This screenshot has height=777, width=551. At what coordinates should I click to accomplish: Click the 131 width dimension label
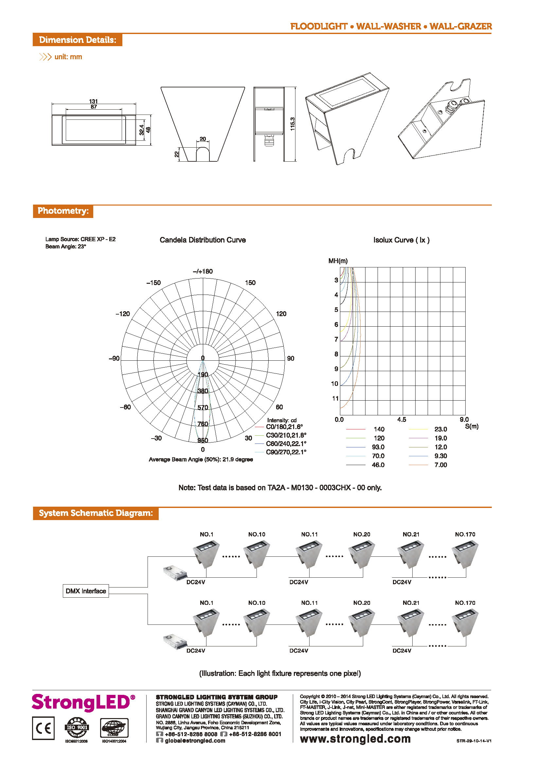pyautogui.click(x=93, y=101)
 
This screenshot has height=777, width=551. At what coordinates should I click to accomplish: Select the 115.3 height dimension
pyautogui.click(x=293, y=124)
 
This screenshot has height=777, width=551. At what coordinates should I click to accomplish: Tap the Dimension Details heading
pyautogui.click(x=77, y=40)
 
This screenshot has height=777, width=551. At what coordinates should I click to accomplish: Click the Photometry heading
pyautogui.click(x=63, y=211)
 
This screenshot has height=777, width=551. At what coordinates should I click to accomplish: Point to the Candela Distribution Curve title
pyautogui.click(x=203, y=240)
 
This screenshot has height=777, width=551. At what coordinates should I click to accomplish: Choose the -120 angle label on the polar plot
pyautogui.click(x=122, y=314)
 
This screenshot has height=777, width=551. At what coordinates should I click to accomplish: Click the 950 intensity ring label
pyautogui.click(x=203, y=441)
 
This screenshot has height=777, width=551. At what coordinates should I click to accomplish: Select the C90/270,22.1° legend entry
pyautogui.click(x=286, y=452)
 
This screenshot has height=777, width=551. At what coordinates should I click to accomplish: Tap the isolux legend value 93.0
pyautogui.click(x=378, y=447)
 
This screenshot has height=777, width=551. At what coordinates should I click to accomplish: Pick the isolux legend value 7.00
pyautogui.click(x=440, y=465)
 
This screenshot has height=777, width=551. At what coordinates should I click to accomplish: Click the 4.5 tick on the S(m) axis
pyautogui.click(x=402, y=420)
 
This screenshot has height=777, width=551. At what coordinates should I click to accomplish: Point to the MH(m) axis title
pyautogui.click(x=338, y=261)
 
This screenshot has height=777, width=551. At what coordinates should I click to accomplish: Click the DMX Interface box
pyautogui.click(x=86, y=591)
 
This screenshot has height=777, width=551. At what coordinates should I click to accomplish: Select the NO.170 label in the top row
pyautogui.click(x=465, y=534)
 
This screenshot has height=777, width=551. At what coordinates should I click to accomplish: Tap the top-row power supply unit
pyautogui.click(x=175, y=572)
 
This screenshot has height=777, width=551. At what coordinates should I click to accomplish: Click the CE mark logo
pyautogui.click(x=44, y=728)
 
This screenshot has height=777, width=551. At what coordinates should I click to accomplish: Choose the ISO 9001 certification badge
pyautogui.click(x=77, y=728)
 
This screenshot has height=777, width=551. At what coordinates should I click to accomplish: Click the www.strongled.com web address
pyautogui.click(x=355, y=739)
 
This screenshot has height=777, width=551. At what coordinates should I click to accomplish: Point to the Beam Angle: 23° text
pyautogui.click(x=66, y=247)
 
